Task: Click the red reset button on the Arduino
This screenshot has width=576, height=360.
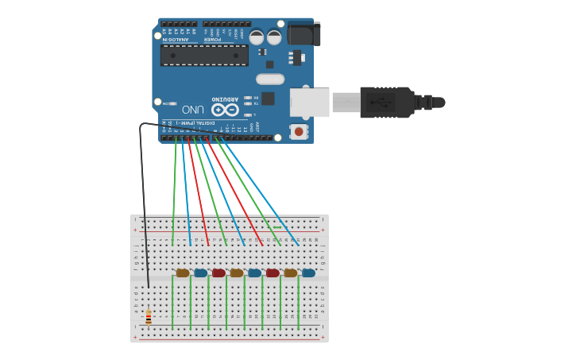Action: click(x=299, y=131)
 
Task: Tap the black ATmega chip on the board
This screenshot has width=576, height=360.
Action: click(x=204, y=55)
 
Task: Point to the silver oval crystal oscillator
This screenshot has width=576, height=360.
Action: click(x=270, y=79)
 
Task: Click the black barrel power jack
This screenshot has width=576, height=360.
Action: click(x=303, y=33)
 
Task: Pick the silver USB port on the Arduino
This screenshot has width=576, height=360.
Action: click(x=309, y=103)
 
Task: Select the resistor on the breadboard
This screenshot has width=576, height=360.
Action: click(x=149, y=318)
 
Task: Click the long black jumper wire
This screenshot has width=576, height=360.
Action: click(x=143, y=199)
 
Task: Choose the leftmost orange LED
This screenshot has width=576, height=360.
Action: click(x=183, y=273)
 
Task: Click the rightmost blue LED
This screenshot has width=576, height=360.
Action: click(x=308, y=273)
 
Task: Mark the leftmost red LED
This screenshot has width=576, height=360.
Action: click(x=218, y=273)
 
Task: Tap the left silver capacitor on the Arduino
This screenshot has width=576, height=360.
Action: click(x=257, y=37)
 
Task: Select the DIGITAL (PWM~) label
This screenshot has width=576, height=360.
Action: click(x=194, y=123)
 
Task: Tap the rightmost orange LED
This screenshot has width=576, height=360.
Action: click(x=291, y=273)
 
